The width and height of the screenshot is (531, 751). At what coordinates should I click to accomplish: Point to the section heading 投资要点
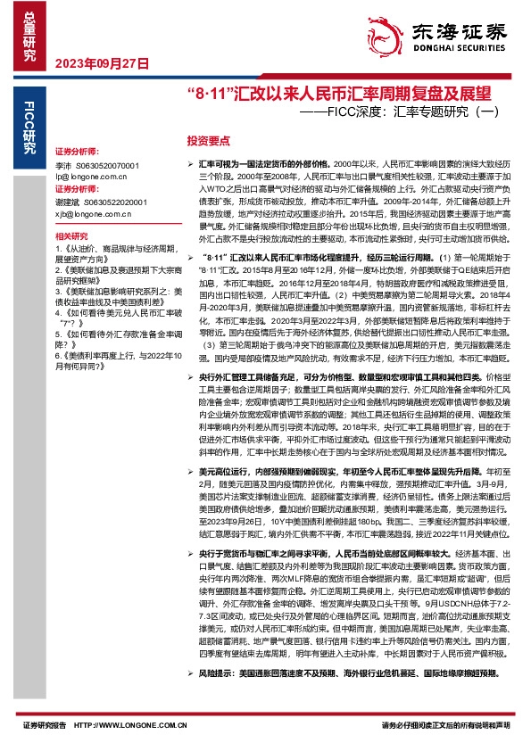pyautogui.click(x=207, y=141)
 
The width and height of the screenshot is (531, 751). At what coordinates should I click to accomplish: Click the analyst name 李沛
pyautogui.click(x=62, y=166)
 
